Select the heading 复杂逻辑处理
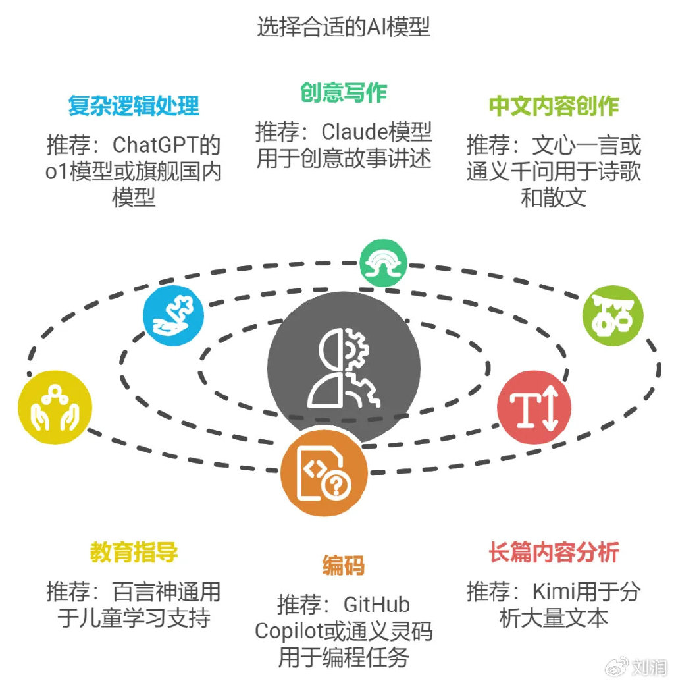tap(134, 105)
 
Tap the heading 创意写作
tap(343, 93)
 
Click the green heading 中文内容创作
tap(554, 105)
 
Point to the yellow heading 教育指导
tap(134, 553)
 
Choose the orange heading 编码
tap(343, 565)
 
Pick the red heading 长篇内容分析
tap(554, 553)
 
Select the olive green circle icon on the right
tap(613, 315)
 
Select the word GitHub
tap(377, 605)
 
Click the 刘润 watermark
tap(648, 668)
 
